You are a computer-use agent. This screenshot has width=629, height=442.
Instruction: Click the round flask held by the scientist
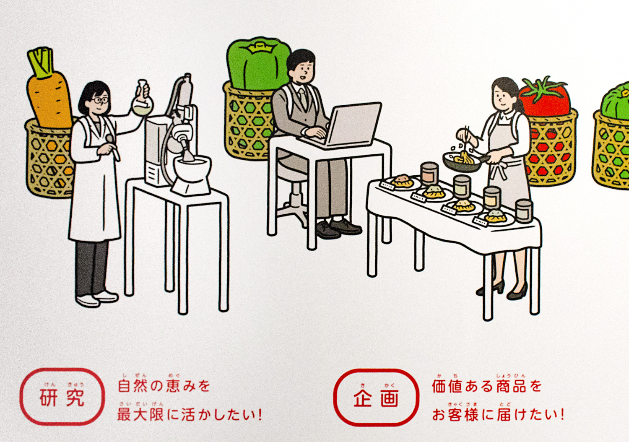143,105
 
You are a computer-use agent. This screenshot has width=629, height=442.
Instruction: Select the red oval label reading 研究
62,397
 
